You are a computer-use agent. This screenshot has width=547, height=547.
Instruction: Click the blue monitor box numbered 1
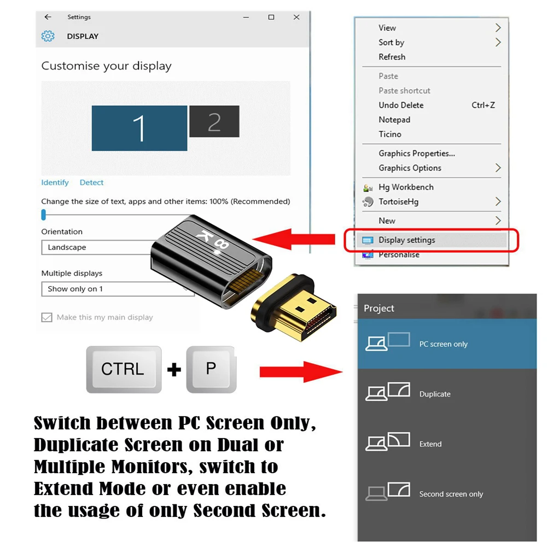tap(139, 128)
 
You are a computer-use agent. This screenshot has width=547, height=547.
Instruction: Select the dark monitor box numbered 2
tap(214, 121)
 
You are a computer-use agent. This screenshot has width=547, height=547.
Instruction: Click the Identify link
tap(55, 183)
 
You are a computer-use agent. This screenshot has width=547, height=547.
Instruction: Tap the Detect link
tap(91, 183)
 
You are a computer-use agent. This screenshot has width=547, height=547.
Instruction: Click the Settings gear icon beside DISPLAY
tap(48, 36)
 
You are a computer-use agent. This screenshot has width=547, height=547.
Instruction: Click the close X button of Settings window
tap(296, 18)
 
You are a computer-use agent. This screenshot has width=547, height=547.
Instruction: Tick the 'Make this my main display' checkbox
tap(46, 317)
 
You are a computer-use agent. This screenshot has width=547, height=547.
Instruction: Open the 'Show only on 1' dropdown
tap(118, 289)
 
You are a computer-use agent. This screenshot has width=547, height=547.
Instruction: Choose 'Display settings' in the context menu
tap(406, 240)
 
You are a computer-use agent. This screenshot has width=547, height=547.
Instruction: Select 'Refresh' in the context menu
tap(392, 57)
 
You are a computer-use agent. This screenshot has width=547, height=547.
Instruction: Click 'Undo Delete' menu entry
tap(401, 105)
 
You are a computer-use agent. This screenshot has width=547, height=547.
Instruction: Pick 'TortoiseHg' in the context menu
tap(398, 202)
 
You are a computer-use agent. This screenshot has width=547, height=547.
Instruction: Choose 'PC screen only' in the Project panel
tap(443, 344)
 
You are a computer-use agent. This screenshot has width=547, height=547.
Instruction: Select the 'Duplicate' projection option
tap(435, 394)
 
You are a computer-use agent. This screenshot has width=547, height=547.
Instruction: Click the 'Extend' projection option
tap(430, 444)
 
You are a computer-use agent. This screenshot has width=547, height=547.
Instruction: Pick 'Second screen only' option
tap(451, 494)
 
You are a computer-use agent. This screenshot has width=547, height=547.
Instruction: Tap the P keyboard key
tap(211, 369)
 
